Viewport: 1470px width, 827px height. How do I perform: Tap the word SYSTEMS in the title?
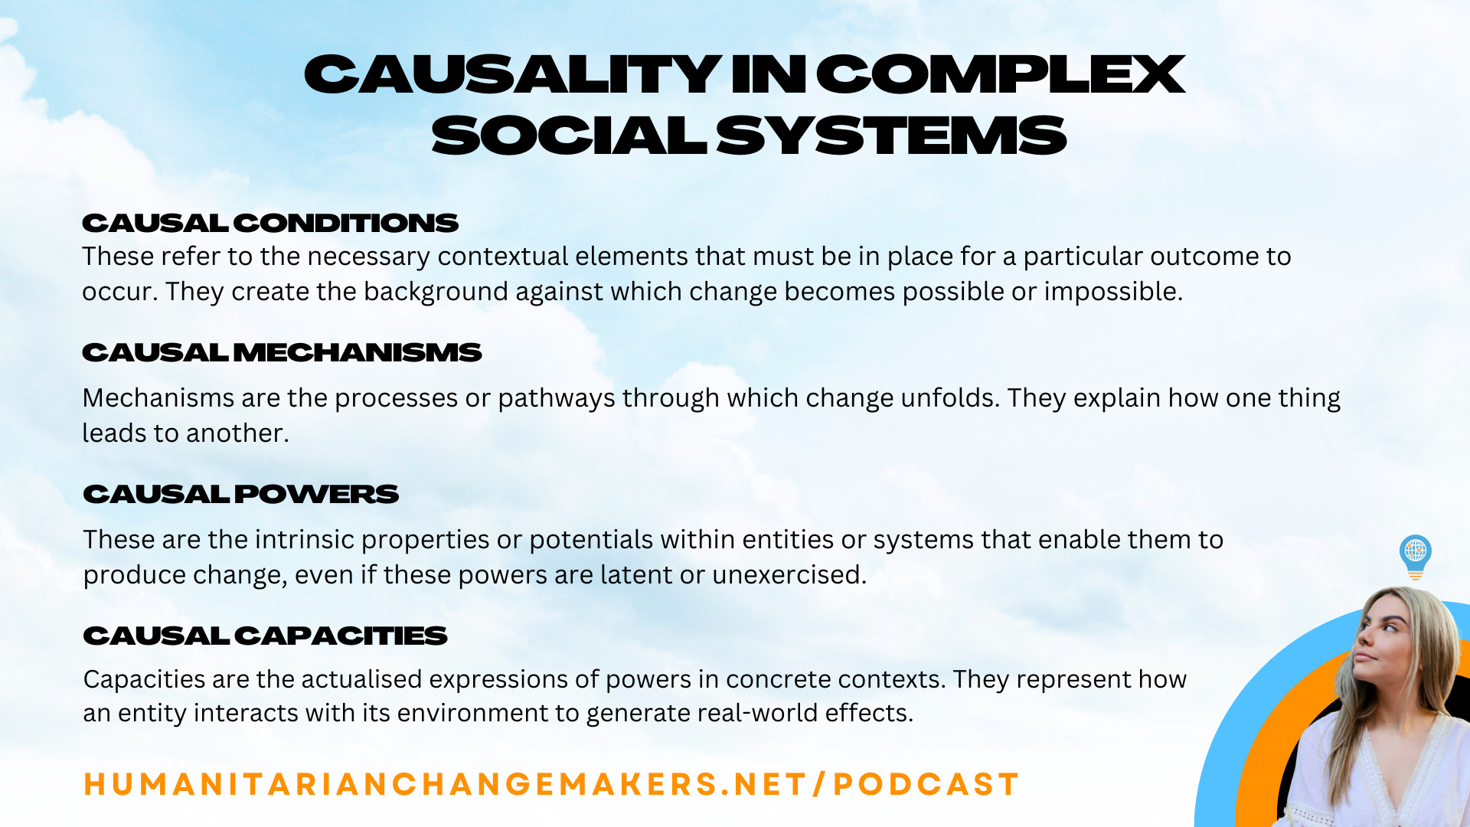tap(891, 136)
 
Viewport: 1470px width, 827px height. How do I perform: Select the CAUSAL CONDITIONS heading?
tap(269, 223)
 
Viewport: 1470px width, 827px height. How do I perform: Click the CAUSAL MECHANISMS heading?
tap(282, 352)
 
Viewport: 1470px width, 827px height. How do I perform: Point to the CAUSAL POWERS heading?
tap(240, 494)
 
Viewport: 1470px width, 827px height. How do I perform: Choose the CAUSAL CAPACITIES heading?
tap(265, 636)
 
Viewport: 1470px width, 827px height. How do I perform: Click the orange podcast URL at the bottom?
tap(551, 784)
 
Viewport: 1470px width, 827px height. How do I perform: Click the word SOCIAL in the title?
tap(569, 136)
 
